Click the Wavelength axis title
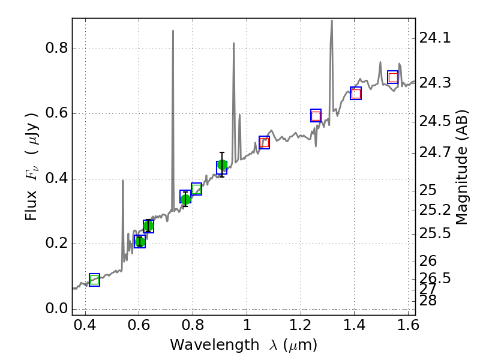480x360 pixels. pos(243,345)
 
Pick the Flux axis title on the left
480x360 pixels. pos(31,166)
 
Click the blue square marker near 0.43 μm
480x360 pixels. pos(94,280)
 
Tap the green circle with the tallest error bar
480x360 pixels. pos(222,165)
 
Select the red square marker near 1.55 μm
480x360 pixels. pos(393,77)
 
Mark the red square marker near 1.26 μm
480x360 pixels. pos(316,116)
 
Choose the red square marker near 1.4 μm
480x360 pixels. pos(356,93)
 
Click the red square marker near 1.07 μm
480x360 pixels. pos(265,142)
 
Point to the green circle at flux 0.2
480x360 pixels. pos(140,242)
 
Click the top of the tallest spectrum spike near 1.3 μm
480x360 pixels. pos(332,20)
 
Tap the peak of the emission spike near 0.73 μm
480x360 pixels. pos(173,31)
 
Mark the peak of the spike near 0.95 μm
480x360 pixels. pos(233,43)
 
